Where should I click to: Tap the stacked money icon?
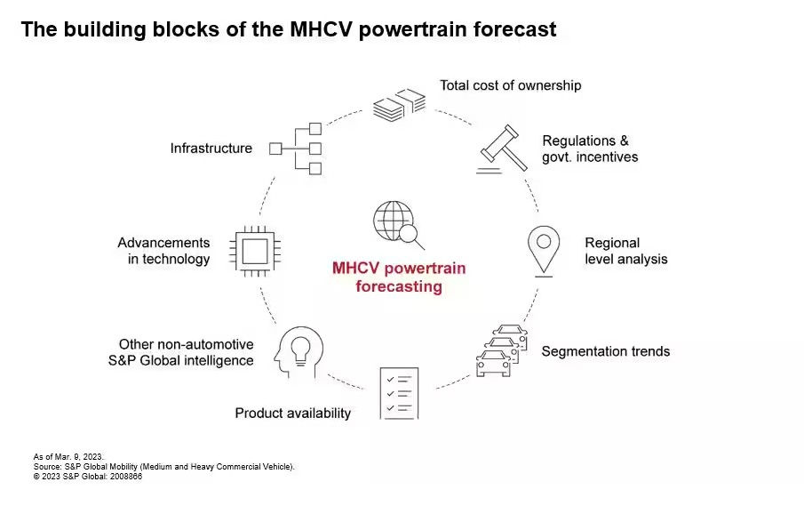click(x=400, y=105)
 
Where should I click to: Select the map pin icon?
click(x=544, y=251)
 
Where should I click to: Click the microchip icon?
click(x=255, y=251)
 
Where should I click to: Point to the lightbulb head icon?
click(x=299, y=352)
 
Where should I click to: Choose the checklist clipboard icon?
click(x=400, y=393)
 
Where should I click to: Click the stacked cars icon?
click(x=502, y=350)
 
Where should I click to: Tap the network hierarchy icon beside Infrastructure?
click(x=296, y=149)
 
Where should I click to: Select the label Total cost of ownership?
click(x=511, y=85)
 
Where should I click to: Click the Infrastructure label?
click(x=211, y=149)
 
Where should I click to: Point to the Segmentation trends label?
click(x=606, y=351)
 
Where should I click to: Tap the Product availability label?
click(x=293, y=414)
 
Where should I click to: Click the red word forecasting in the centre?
click(x=399, y=286)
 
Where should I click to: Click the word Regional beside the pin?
click(x=612, y=244)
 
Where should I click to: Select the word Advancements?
click(x=164, y=243)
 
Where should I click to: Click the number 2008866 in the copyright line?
click(x=126, y=477)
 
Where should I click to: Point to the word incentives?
click(x=607, y=157)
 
